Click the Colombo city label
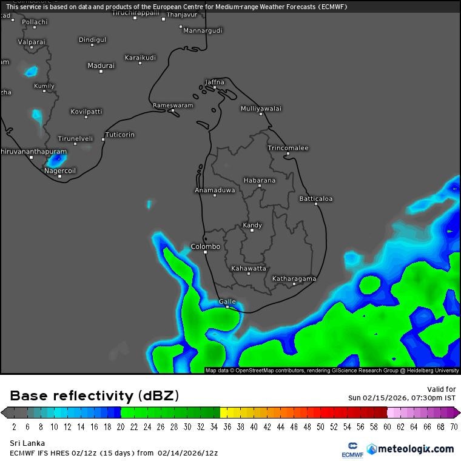click(x=205, y=246)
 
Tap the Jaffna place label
click(x=215, y=82)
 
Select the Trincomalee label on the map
click(x=288, y=148)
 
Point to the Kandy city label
click(x=252, y=225)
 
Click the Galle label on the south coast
click(x=227, y=301)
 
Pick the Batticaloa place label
click(x=316, y=198)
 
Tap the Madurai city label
click(x=101, y=66)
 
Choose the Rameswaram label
click(x=173, y=105)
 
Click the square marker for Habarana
click(x=260, y=186)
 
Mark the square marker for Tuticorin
click(x=103, y=140)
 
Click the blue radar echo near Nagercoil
click(x=56, y=160)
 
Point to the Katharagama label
click(x=294, y=278)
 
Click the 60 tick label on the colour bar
click(x=387, y=426)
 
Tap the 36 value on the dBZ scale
click(x=227, y=426)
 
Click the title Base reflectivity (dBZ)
click(x=95, y=396)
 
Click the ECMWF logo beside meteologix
click(x=352, y=449)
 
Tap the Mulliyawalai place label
click(x=261, y=109)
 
